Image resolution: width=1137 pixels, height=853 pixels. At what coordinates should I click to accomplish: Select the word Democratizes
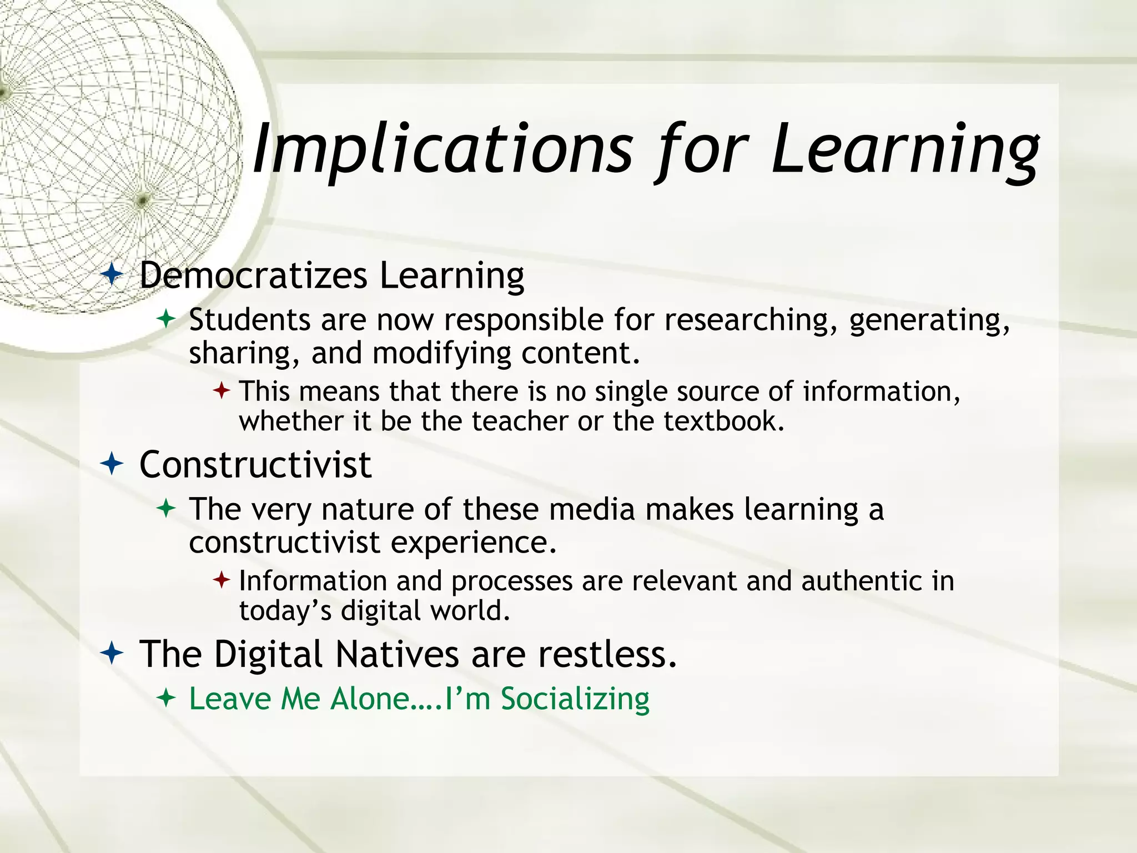[253, 275]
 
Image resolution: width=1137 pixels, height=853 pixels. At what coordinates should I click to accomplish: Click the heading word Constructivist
[255, 464]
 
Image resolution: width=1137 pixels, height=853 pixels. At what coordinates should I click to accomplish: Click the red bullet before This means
[221, 390]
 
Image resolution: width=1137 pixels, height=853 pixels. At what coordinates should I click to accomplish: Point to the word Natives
[397, 654]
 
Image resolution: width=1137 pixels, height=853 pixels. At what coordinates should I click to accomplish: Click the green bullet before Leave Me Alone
[166, 698]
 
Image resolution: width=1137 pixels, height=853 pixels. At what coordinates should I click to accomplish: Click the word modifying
[441, 354]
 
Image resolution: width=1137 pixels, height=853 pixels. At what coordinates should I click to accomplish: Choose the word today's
[285, 611]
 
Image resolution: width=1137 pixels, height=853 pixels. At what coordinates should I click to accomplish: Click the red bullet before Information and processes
[221, 580]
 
